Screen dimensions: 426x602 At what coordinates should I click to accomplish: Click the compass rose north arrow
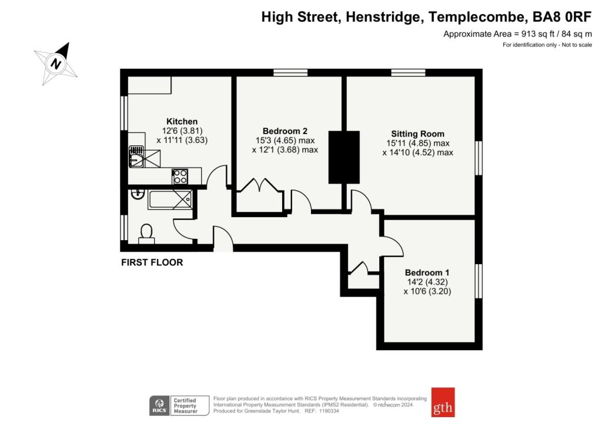(56, 62)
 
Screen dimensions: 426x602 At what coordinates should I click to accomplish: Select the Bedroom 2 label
(285, 131)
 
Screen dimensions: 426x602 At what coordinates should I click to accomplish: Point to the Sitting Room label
(417, 134)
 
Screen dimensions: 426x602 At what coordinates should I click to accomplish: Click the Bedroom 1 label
(427, 272)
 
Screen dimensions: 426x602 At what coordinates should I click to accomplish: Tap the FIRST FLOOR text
(152, 262)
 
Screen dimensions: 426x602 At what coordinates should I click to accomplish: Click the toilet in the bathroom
(146, 234)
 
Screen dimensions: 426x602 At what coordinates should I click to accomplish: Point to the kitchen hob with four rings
(179, 175)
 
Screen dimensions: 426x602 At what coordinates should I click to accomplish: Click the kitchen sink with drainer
(144, 157)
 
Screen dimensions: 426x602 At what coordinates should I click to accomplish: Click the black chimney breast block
(343, 157)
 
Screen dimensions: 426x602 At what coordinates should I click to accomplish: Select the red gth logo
(443, 402)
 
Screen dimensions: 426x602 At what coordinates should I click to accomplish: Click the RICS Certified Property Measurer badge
(179, 405)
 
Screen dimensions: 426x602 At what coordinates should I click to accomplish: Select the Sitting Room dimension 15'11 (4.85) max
(417, 143)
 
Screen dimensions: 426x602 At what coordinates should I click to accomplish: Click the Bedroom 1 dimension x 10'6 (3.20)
(427, 291)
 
